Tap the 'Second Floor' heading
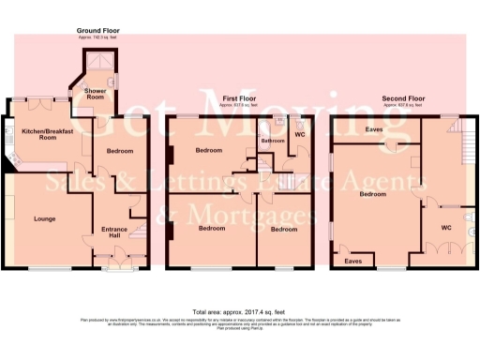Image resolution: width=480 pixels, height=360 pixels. coord(403,97)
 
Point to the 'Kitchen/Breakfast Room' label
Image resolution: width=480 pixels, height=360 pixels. coord(46,134)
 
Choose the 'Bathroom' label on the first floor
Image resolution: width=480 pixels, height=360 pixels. coord(272,142)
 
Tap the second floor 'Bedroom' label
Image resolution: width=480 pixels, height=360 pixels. coord(374,195)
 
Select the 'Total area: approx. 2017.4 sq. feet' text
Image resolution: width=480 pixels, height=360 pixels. coord(239,311)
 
